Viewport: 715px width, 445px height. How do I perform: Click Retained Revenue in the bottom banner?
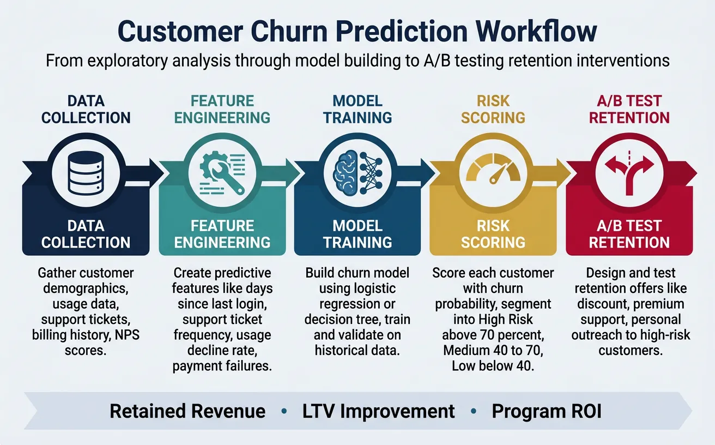tap(187, 411)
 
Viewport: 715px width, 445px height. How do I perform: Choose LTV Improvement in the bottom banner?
tap(378, 411)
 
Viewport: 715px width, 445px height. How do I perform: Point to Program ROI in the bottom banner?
tap(547, 411)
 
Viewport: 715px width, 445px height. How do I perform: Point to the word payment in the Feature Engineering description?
tap(198, 366)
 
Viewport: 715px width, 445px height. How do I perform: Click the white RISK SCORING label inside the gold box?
tap(493, 234)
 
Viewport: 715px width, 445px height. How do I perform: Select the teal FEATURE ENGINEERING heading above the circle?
tap(222, 109)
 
